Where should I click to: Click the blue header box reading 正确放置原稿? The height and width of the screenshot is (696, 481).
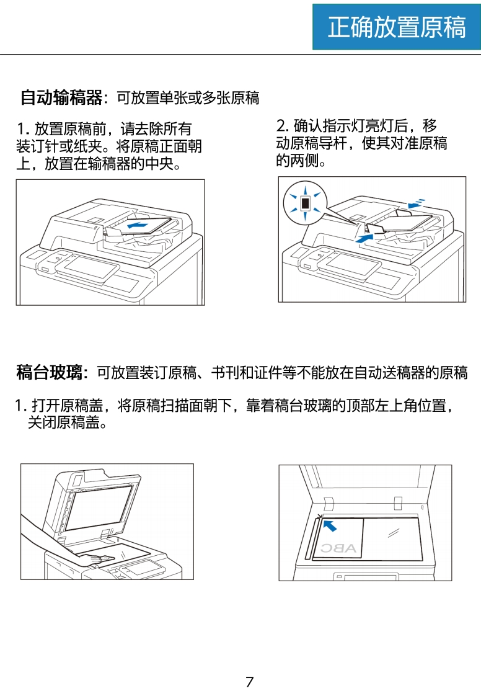(396, 27)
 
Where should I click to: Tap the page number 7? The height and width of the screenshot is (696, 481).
(250, 681)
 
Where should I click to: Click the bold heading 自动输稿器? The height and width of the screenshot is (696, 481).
(61, 97)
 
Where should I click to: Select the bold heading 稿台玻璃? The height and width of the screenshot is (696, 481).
(49, 372)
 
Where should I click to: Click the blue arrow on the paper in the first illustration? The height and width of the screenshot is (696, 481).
(138, 226)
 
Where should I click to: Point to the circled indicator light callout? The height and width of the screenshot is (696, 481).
(305, 203)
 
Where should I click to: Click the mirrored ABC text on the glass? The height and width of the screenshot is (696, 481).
(338, 548)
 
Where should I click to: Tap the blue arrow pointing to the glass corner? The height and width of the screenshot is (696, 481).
(330, 526)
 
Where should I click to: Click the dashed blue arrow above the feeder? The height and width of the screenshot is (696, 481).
(417, 203)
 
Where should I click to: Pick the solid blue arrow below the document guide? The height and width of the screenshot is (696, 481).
(364, 238)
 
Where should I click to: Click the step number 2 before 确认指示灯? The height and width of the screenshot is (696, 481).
(281, 126)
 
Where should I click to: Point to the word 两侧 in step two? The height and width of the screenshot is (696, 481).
(304, 160)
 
